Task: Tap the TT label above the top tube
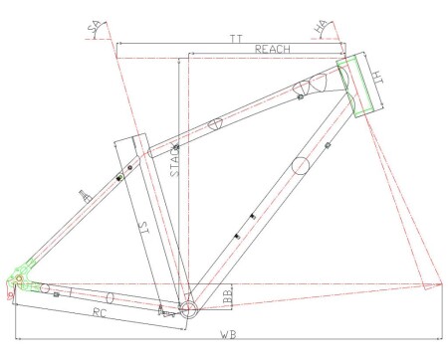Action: (236, 37)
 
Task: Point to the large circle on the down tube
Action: (304, 164)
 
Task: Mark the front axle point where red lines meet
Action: (435, 285)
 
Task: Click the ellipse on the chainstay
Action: (110, 296)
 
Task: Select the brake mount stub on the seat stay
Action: (84, 195)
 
